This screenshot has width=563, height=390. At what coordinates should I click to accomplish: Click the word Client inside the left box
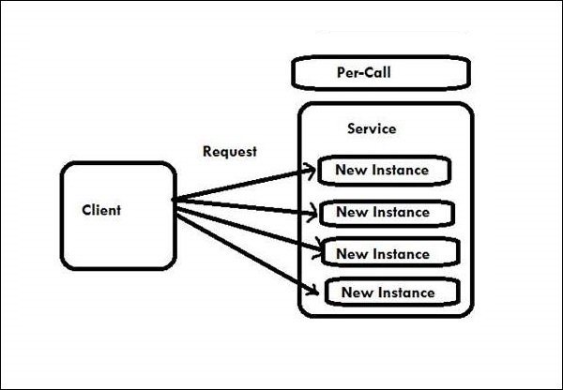point(101,210)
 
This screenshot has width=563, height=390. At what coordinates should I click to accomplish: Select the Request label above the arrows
point(229,151)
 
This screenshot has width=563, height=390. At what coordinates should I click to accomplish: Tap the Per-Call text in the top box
point(369,72)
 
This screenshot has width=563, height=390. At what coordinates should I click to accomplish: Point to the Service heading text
point(372,128)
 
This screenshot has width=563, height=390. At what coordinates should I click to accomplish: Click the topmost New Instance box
point(382,171)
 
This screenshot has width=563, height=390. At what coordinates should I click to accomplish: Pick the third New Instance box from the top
point(388,253)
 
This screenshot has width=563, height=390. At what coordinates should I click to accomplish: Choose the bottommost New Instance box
point(391,292)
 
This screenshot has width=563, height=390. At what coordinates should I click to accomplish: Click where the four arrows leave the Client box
point(177,199)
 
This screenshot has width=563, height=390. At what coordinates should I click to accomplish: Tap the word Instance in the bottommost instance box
point(405,292)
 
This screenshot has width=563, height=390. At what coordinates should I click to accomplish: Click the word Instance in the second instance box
point(402,213)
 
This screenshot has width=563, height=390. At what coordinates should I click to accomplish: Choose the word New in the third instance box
point(350,254)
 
